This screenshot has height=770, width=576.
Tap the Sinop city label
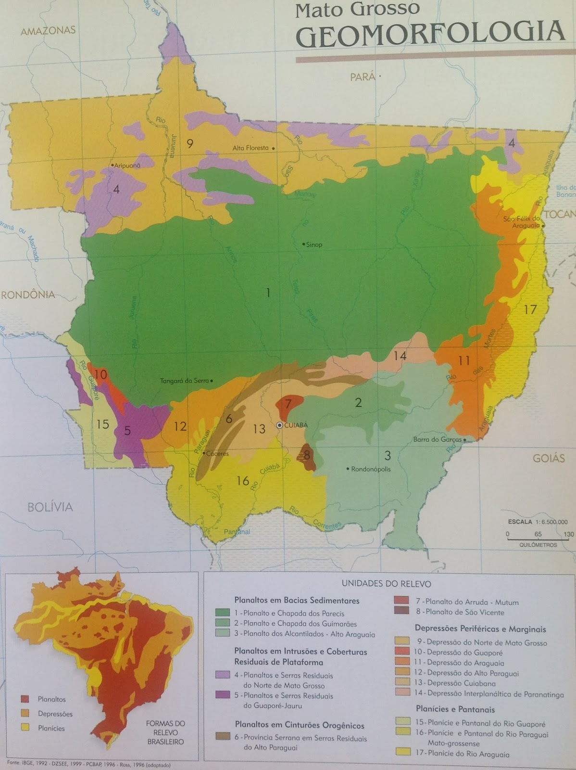[314, 244]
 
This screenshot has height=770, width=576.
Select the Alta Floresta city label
[250, 148]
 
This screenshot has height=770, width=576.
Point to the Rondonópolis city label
[371, 469]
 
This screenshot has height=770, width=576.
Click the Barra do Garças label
[437, 439]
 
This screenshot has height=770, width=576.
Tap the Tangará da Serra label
[184, 381]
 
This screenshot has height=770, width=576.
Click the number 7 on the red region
[288, 403]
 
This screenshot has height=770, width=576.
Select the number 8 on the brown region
[307, 454]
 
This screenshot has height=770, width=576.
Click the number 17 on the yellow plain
[529, 309]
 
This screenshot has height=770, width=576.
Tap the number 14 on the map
[400, 356]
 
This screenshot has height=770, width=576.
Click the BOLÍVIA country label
[50, 507]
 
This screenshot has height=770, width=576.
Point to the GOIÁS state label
[549, 458]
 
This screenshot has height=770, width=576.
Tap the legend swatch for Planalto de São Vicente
[401, 611]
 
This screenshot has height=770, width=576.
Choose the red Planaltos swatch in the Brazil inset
[26, 699]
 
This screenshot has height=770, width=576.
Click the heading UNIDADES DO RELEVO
[386, 583]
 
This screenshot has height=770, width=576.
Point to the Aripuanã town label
[127, 165]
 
